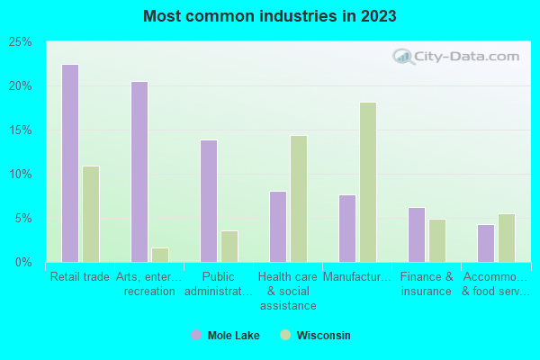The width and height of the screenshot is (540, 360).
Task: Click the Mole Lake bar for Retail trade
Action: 70,163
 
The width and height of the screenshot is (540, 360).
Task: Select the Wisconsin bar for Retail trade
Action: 91,214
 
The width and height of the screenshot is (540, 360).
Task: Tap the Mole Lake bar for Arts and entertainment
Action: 139,172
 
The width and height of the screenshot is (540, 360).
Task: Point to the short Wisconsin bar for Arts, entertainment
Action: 160,255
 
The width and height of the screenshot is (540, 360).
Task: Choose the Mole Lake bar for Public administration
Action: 209,201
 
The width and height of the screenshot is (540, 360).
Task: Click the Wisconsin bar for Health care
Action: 299,199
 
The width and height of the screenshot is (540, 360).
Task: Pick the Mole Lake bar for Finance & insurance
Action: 417,235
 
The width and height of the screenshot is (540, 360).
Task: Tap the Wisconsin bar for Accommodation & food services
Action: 507,238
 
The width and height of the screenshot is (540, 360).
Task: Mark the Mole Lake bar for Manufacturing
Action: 347,229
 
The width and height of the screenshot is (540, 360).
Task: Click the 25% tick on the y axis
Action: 21,42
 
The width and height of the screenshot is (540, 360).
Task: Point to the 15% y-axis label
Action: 21,130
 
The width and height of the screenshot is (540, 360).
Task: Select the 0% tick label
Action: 24,263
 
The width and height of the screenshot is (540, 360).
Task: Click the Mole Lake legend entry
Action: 225,336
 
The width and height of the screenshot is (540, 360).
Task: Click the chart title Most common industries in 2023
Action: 270,16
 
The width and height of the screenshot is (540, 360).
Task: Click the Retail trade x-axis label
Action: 80,277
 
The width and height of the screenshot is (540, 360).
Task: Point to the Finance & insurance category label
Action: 427,284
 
